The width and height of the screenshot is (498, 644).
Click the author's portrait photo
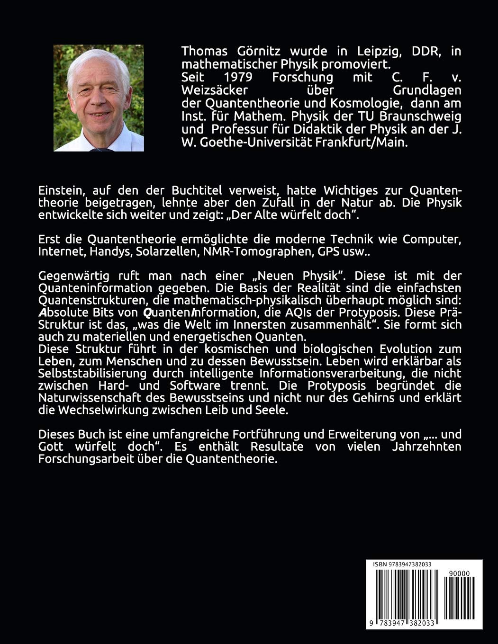99,98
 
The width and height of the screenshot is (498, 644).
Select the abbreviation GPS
322,252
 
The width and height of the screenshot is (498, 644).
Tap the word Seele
271,410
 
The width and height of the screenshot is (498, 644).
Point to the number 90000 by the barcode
458,573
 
